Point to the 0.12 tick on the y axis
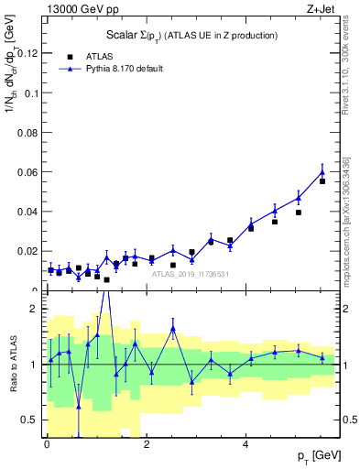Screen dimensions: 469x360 [30, 53]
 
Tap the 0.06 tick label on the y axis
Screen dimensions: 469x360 [30, 172]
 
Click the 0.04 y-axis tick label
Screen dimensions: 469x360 [30, 212]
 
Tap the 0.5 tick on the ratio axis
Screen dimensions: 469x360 [30, 420]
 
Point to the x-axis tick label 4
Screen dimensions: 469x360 [245, 446]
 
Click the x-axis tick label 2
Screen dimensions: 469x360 [147, 446]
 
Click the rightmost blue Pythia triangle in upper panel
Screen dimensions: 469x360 [322, 172]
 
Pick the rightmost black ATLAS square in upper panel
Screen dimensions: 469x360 [322, 181]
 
